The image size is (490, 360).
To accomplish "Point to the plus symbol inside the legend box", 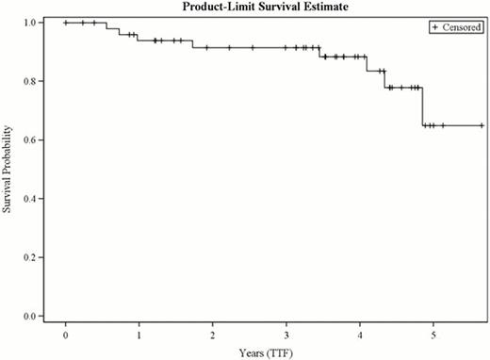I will [x=434, y=28].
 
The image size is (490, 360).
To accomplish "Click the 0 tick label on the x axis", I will [x=66, y=335].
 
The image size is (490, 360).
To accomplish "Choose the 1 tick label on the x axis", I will [x=139, y=335].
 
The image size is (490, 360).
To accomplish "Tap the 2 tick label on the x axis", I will [x=213, y=335].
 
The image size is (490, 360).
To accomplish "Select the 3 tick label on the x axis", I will [x=286, y=335].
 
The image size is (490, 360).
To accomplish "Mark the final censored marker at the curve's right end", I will [x=482, y=125].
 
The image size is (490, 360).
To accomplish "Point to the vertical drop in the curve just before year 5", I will [x=422, y=106].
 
